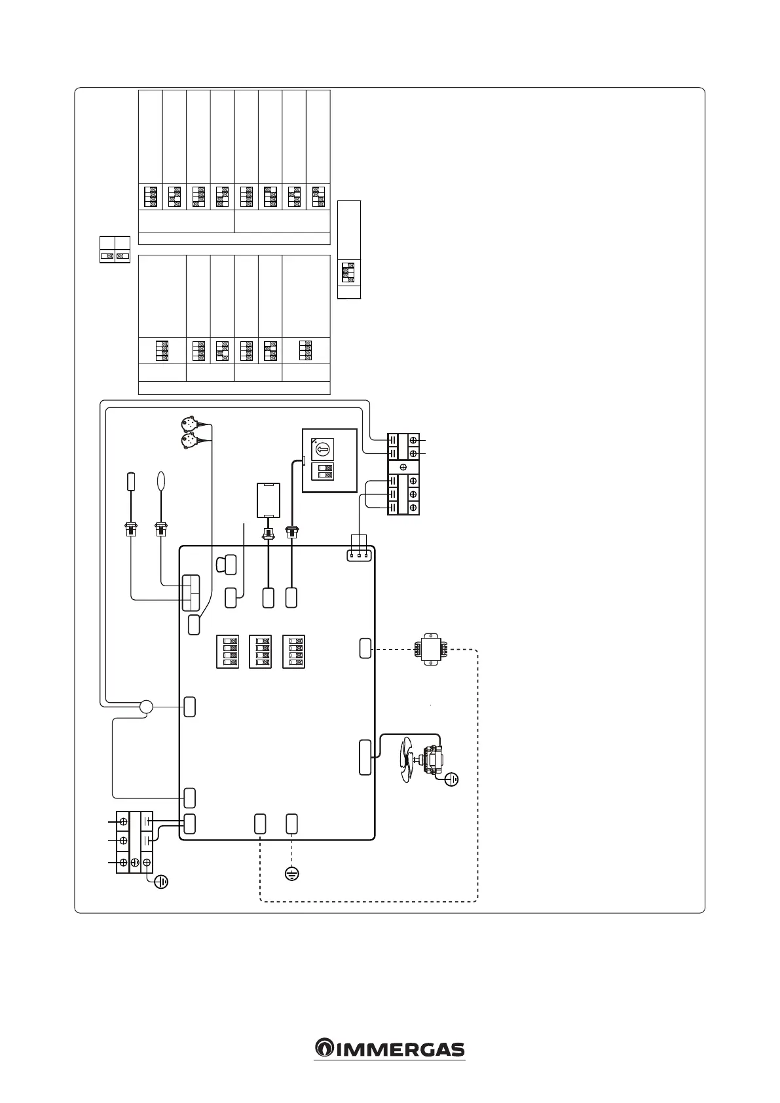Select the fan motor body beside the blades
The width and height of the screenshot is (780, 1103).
click(433, 762)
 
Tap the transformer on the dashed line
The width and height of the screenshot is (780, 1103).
click(430, 649)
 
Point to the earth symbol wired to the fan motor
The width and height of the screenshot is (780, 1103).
click(451, 779)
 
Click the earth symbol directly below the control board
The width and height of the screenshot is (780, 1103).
click(292, 873)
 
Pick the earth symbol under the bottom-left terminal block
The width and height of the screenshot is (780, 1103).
click(160, 882)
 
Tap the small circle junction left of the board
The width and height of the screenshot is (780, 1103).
click(146, 707)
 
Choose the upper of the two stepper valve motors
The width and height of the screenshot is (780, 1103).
click(189, 422)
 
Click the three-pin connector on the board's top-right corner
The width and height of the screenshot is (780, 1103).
click(359, 555)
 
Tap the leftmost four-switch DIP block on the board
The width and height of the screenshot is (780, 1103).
click(227, 652)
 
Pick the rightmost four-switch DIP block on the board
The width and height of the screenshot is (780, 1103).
click(293, 652)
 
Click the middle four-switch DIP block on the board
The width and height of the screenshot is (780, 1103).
click(261, 652)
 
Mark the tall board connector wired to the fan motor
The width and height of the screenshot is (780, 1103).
click(365, 758)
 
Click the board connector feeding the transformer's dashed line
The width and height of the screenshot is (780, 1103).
click(365, 648)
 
